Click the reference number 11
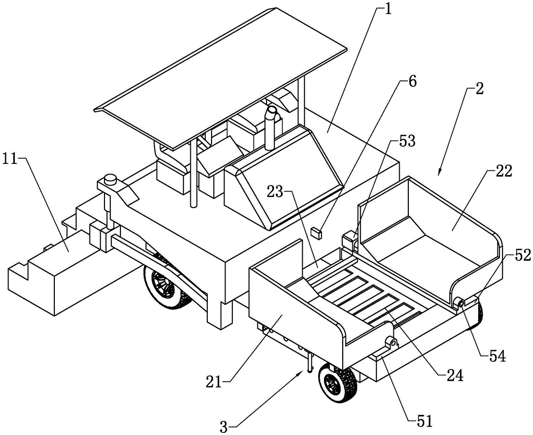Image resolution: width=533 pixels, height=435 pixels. click(14, 159)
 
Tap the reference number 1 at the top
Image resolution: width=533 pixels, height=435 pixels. click(387, 10)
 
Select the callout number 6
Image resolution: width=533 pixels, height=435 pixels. click(413, 82)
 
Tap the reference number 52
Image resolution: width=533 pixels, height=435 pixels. click(523, 256)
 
